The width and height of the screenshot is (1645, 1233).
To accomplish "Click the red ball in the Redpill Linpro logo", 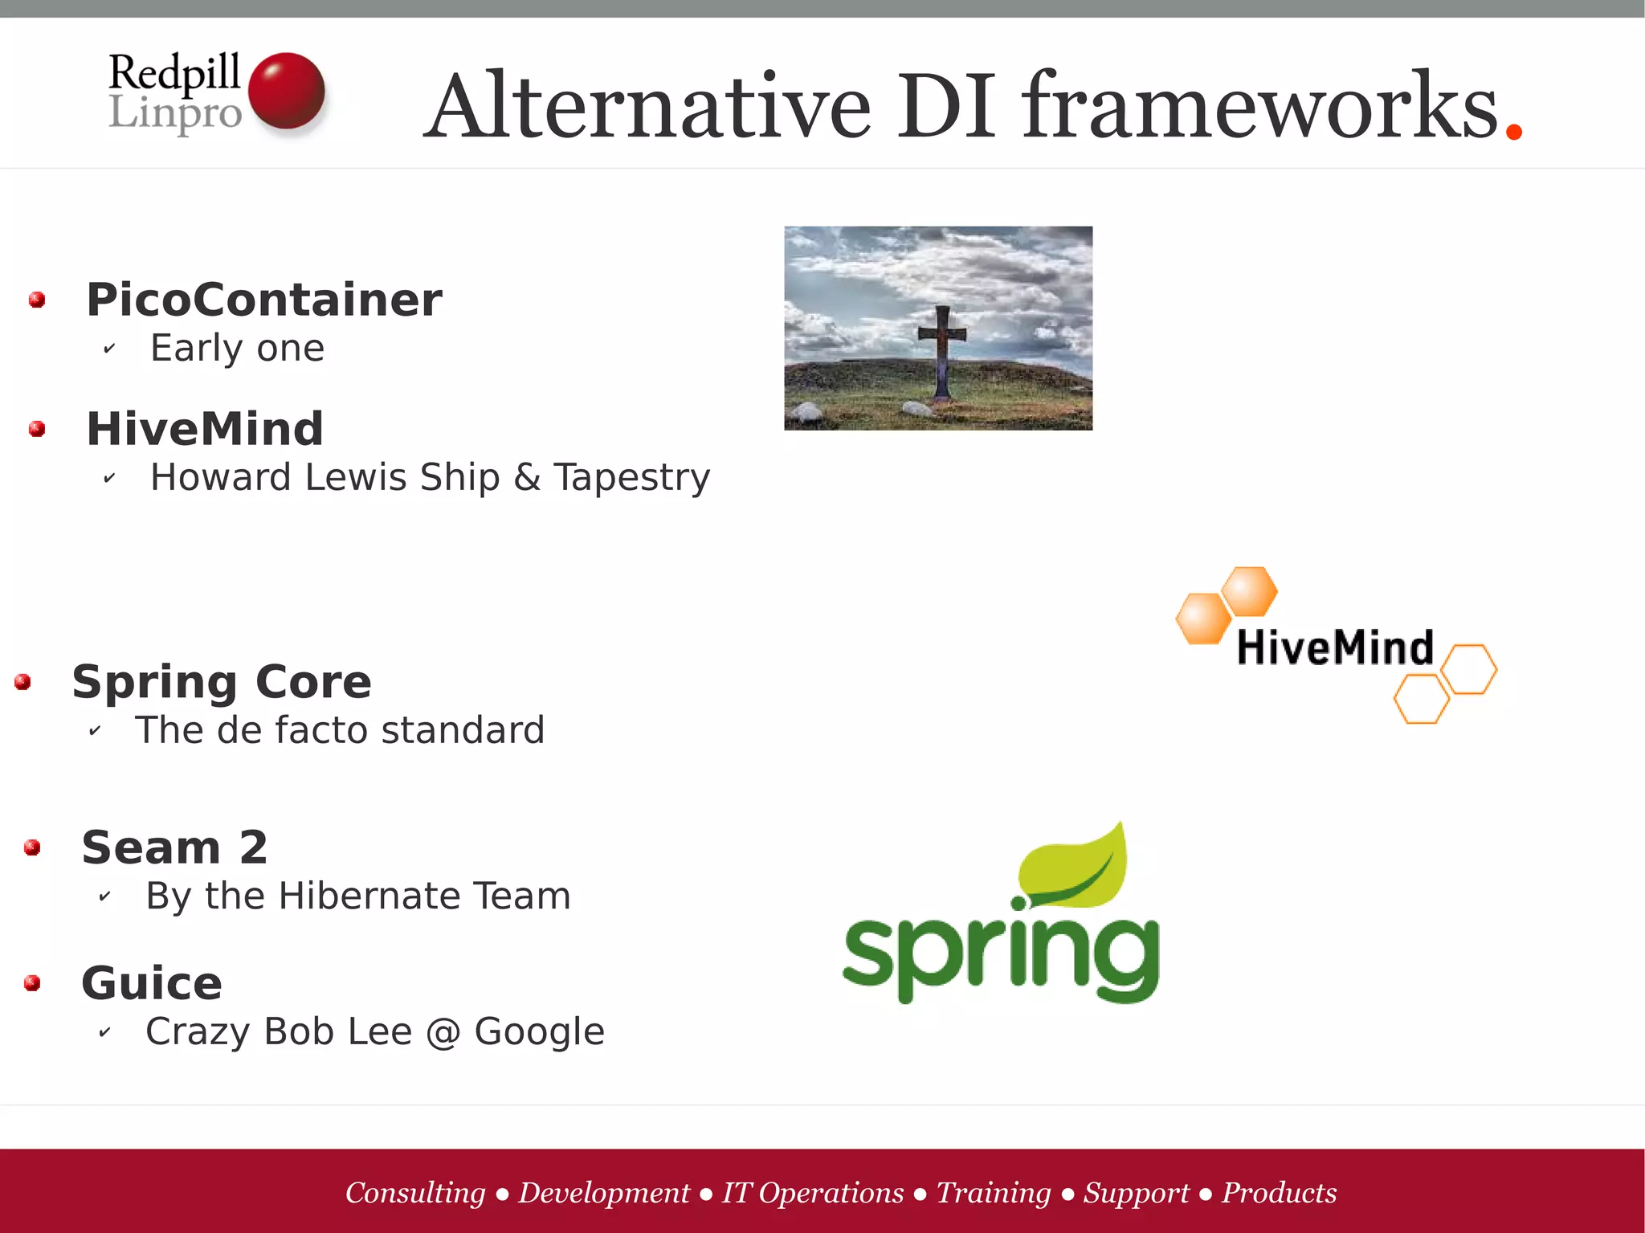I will point(286,90).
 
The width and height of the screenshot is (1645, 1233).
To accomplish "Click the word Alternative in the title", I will point(647,107).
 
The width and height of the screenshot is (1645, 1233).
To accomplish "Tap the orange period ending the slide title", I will point(1514,131).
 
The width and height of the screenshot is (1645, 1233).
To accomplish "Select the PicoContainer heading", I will point(264,300).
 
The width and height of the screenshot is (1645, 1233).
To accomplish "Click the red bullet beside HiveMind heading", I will point(37,429).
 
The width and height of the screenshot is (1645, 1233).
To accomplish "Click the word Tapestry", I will point(631,477).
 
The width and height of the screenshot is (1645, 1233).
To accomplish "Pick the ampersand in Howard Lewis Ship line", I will point(527,477).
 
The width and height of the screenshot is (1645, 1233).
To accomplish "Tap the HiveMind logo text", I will point(1335,647).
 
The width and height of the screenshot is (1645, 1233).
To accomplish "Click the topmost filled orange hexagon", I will point(1250,591).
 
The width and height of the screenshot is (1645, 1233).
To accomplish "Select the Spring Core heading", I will point(222,682).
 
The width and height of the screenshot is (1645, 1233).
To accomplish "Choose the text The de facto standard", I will point(340,730).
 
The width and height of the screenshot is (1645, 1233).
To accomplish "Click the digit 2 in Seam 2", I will point(253,847).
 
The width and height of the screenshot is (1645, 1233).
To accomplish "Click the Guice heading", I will point(152,983).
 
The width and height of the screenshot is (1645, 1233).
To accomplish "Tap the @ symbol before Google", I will point(443,1032).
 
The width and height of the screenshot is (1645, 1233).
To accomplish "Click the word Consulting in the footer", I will point(415,1193).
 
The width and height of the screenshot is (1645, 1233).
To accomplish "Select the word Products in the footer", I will point(1279,1193).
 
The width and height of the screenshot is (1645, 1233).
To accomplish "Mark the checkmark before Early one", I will point(109,349).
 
